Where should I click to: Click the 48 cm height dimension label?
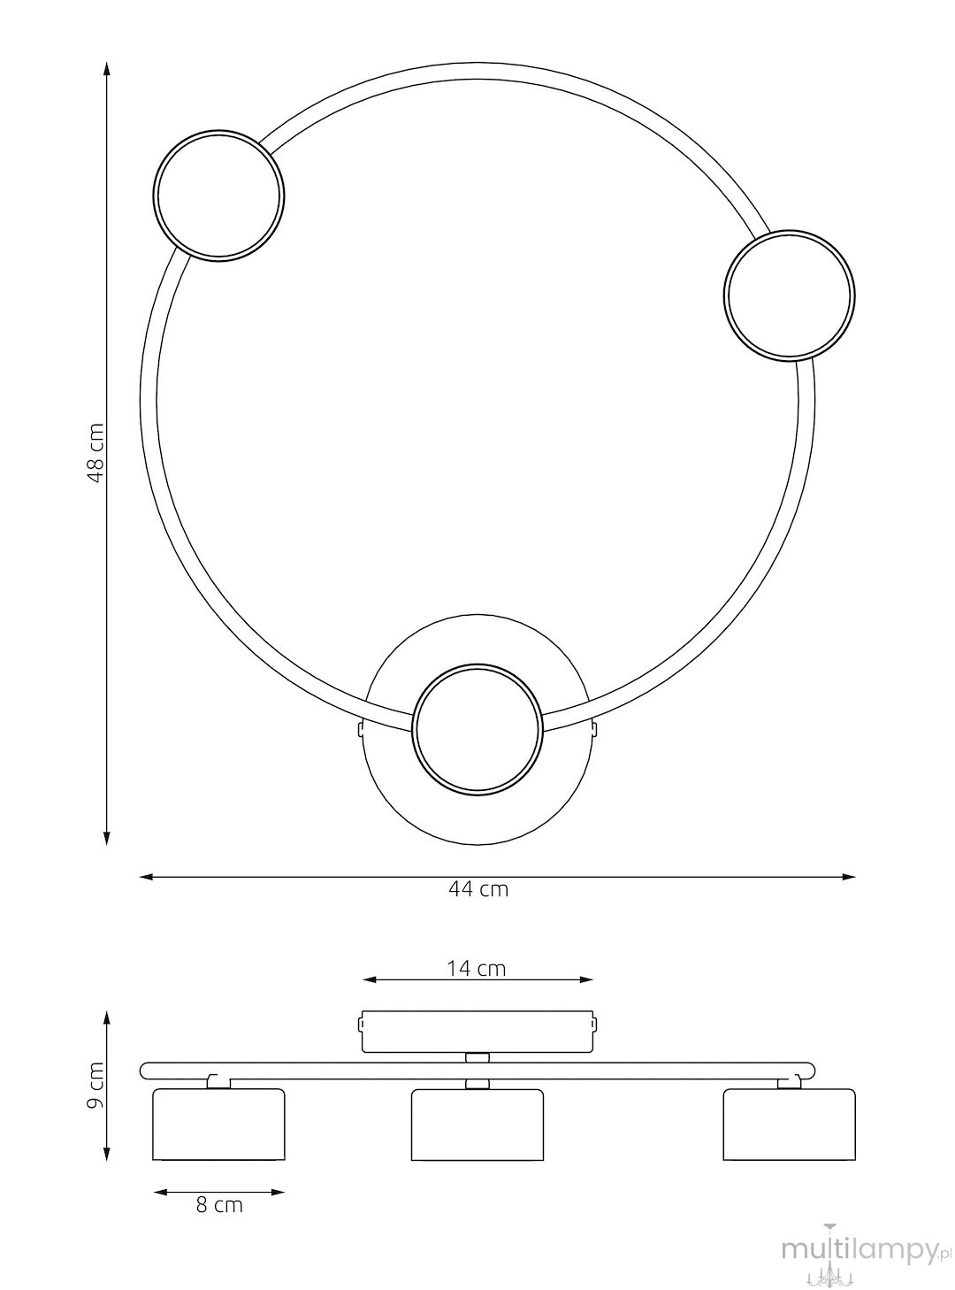95,452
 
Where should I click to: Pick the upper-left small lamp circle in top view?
218,196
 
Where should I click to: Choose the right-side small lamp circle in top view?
790,296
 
